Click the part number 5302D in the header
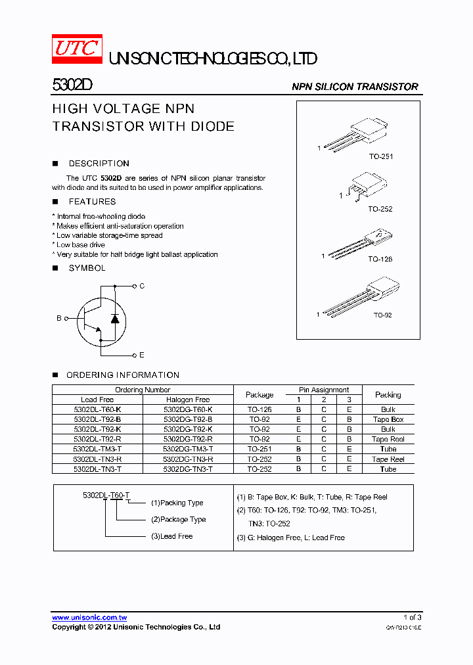pos(68,85)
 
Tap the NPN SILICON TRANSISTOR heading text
pos(355,87)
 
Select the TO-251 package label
pos(380,157)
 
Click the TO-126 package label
pos(380,259)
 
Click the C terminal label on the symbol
pos(142,286)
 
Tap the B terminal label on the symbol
pos(58,318)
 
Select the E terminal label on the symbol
pos(142,355)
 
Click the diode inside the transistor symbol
pos(116,319)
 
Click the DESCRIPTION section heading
pos(99,164)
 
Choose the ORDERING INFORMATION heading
pos(122,375)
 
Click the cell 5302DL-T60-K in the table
pos(97,409)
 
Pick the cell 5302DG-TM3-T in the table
pos(188,449)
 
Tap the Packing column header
pos(388,394)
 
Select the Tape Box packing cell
pos(388,419)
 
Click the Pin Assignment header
pos(324,390)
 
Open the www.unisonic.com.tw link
pos(89,618)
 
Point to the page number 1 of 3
pos(411,618)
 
